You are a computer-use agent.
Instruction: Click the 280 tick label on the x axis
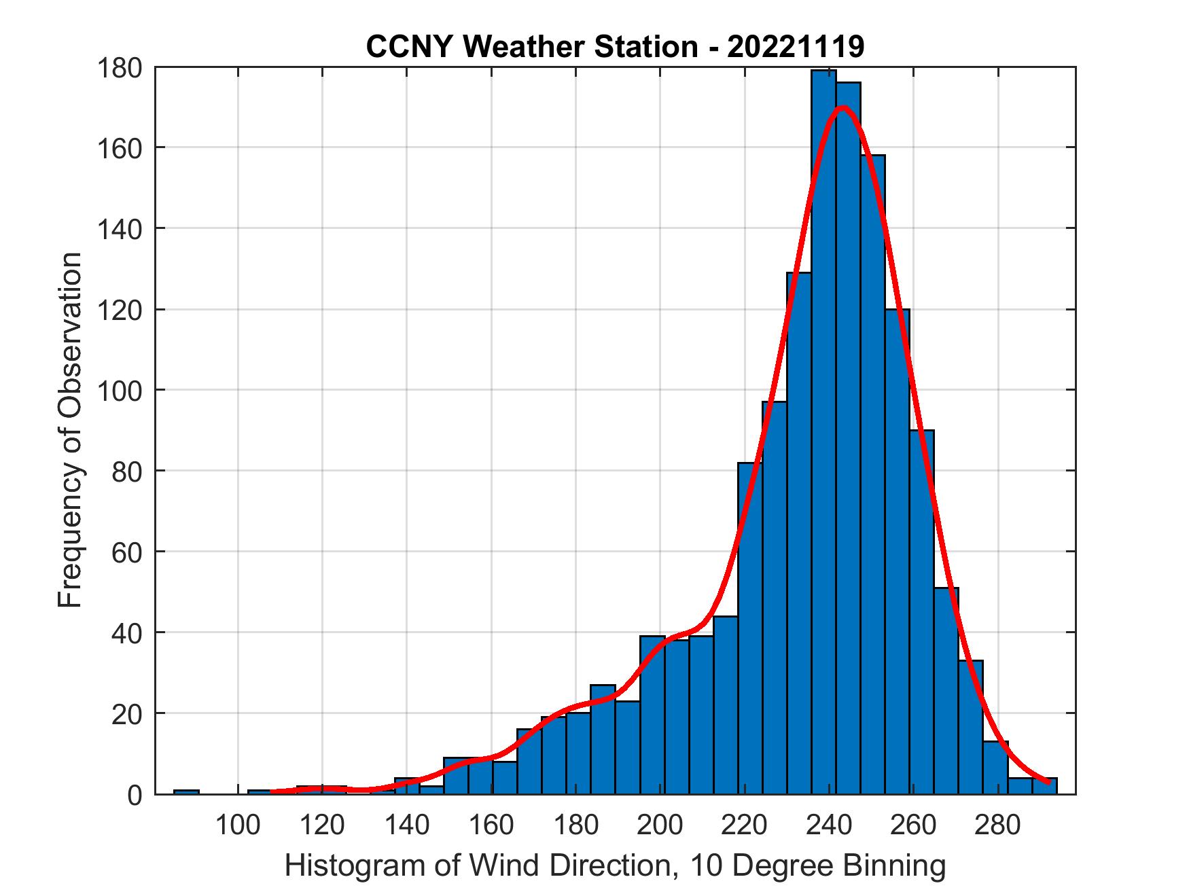click(x=998, y=825)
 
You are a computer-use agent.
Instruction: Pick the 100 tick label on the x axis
click(x=238, y=825)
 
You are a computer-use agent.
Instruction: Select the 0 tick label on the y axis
click(x=134, y=795)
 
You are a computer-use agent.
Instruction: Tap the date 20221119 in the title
click(x=796, y=47)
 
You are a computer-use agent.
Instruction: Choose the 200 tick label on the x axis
click(x=660, y=825)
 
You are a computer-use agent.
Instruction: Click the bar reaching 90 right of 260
click(x=921, y=611)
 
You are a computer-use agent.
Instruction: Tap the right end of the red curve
click(x=1048, y=782)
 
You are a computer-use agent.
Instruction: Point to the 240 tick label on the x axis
click(x=830, y=825)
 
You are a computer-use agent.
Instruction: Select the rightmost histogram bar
click(x=1044, y=786)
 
